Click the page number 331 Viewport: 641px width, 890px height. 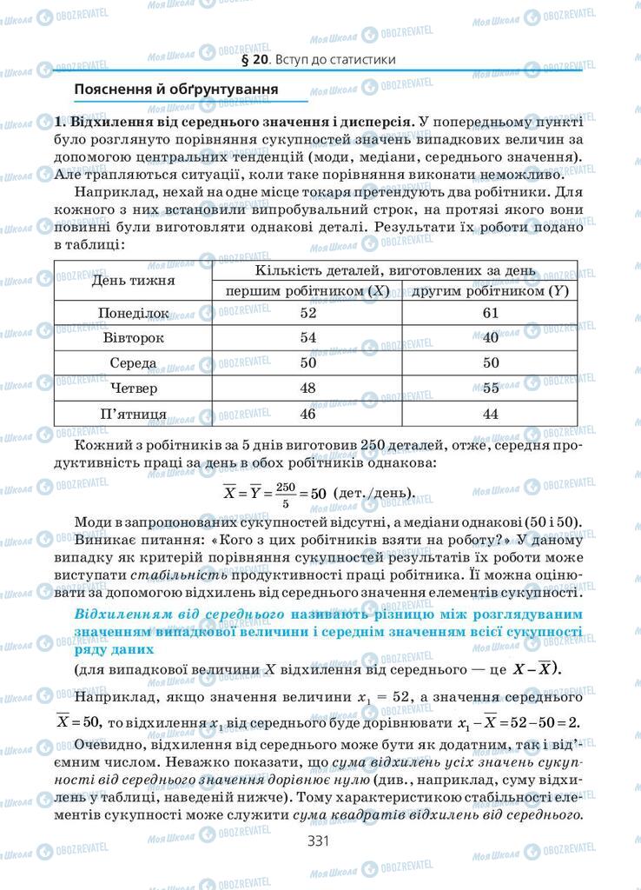(x=320, y=840)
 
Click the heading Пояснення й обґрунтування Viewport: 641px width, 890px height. (x=176, y=89)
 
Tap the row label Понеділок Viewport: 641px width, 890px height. (x=134, y=313)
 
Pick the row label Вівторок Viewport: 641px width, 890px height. (x=134, y=338)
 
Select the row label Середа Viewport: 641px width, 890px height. (x=134, y=363)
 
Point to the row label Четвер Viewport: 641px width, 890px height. (x=134, y=389)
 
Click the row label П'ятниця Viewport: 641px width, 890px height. (x=134, y=414)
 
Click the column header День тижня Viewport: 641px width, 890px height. (x=134, y=281)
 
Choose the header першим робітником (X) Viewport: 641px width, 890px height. (x=307, y=292)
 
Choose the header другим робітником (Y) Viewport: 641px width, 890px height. (x=490, y=292)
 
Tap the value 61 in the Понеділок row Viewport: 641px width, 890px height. (x=490, y=313)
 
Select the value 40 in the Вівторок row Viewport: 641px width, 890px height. (x=490, y=338)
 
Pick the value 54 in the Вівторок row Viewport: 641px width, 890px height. (x=307, y=338)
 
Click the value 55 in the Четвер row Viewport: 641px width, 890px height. (x=490, y=389)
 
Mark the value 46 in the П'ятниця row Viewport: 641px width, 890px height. (x=307, y=414)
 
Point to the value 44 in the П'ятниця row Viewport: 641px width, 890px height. (x=490, y=414)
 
